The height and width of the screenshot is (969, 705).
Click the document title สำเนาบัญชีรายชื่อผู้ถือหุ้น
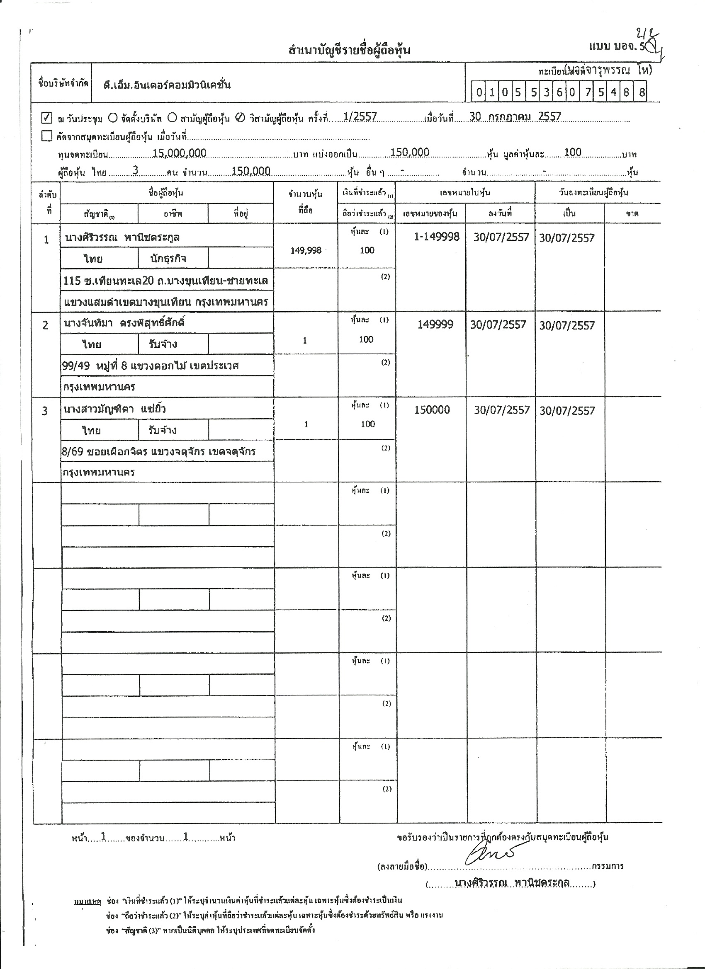349,50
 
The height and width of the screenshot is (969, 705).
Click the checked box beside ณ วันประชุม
46,117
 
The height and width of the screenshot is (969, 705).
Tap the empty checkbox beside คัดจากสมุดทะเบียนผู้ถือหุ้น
46,136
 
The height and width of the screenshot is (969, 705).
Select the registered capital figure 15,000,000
179,153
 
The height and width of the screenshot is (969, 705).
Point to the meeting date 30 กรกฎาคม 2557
515,116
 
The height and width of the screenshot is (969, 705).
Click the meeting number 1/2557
360,117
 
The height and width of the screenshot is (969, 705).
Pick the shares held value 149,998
306,251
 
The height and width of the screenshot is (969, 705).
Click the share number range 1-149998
437,237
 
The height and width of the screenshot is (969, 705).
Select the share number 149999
435,325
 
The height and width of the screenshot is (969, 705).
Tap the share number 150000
432,410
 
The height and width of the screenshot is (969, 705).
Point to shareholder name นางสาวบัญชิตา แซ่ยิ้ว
114,409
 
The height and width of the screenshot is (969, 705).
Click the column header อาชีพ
173,213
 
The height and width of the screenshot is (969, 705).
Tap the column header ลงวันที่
500,213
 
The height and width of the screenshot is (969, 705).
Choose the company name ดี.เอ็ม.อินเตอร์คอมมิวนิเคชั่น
167,85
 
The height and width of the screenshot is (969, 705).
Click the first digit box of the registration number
479,92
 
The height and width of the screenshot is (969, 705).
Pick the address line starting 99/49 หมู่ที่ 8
150,366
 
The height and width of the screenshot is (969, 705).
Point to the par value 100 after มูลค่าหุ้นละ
572,152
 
